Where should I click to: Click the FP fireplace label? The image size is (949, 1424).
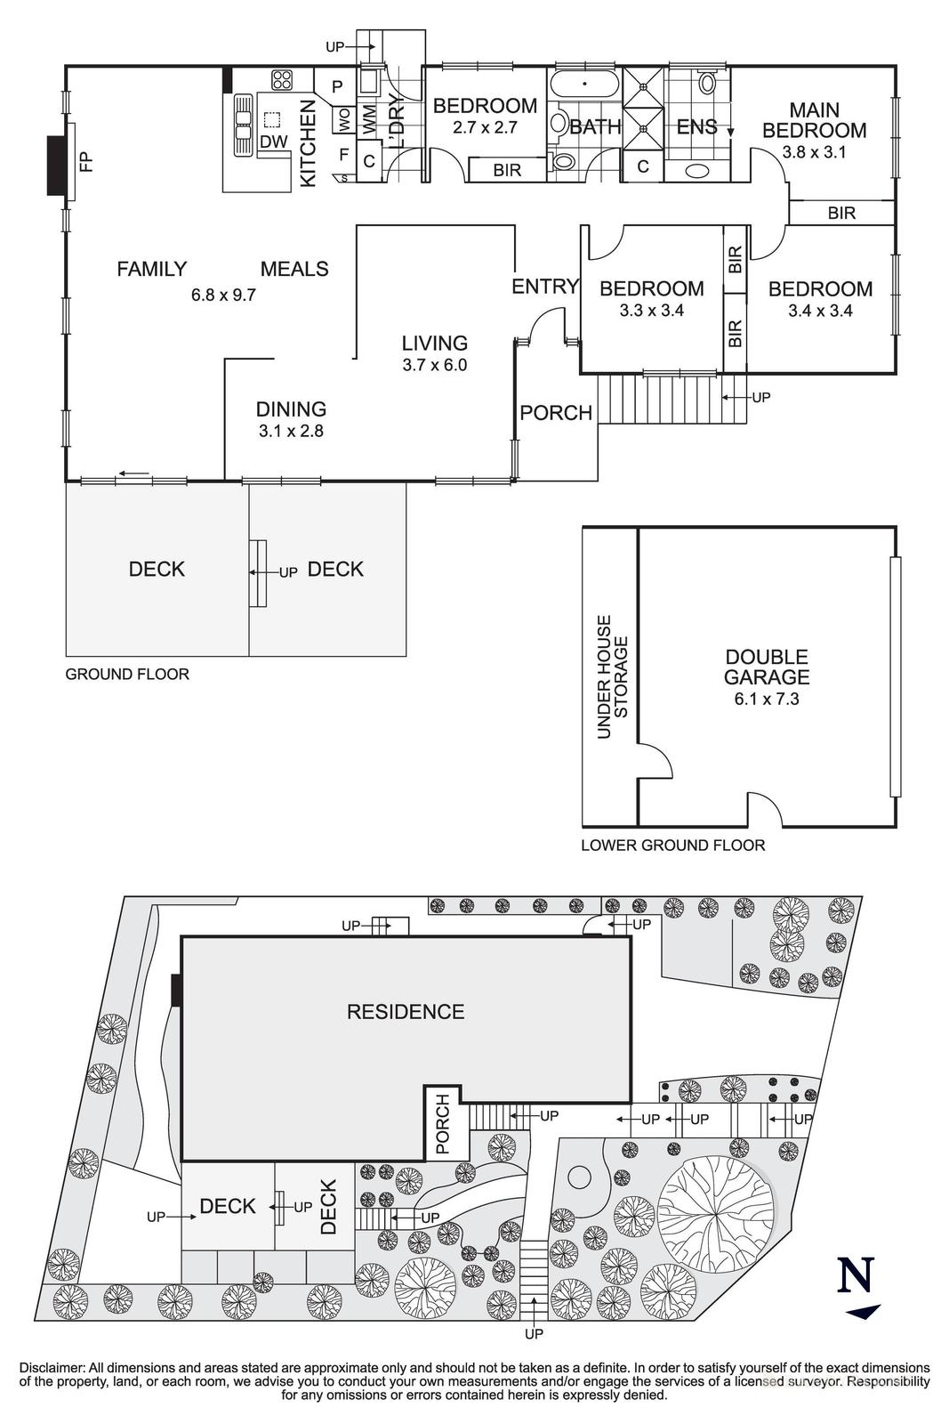coord(86,161)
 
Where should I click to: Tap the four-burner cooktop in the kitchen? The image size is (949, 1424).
coord(282,80)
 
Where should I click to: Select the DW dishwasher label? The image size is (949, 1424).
coord(274,142)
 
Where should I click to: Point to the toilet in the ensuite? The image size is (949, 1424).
coord(705,82)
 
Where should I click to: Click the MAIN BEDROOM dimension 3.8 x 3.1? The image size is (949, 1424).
coord(814,152)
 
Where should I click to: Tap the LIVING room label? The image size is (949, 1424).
coord(435,344)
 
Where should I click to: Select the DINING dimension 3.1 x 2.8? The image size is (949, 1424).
coord(291,431)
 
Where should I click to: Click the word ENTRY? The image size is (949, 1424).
coord(545,287)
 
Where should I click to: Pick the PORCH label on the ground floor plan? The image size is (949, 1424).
coord(556,413)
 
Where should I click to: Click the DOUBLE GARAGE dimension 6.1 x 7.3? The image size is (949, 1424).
coord(766,700)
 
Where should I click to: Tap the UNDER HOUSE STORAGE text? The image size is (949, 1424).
coord(612,676)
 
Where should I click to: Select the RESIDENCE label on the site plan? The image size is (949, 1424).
coord(406,1011)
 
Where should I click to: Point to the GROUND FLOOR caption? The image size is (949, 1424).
coord(127,675)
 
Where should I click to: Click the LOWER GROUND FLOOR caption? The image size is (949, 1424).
coord(673,845)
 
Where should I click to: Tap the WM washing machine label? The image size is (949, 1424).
coord(369,121)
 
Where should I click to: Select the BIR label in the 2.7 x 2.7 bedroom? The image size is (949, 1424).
coord(507,170)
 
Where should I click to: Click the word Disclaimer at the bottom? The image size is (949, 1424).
coord(52,1368)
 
